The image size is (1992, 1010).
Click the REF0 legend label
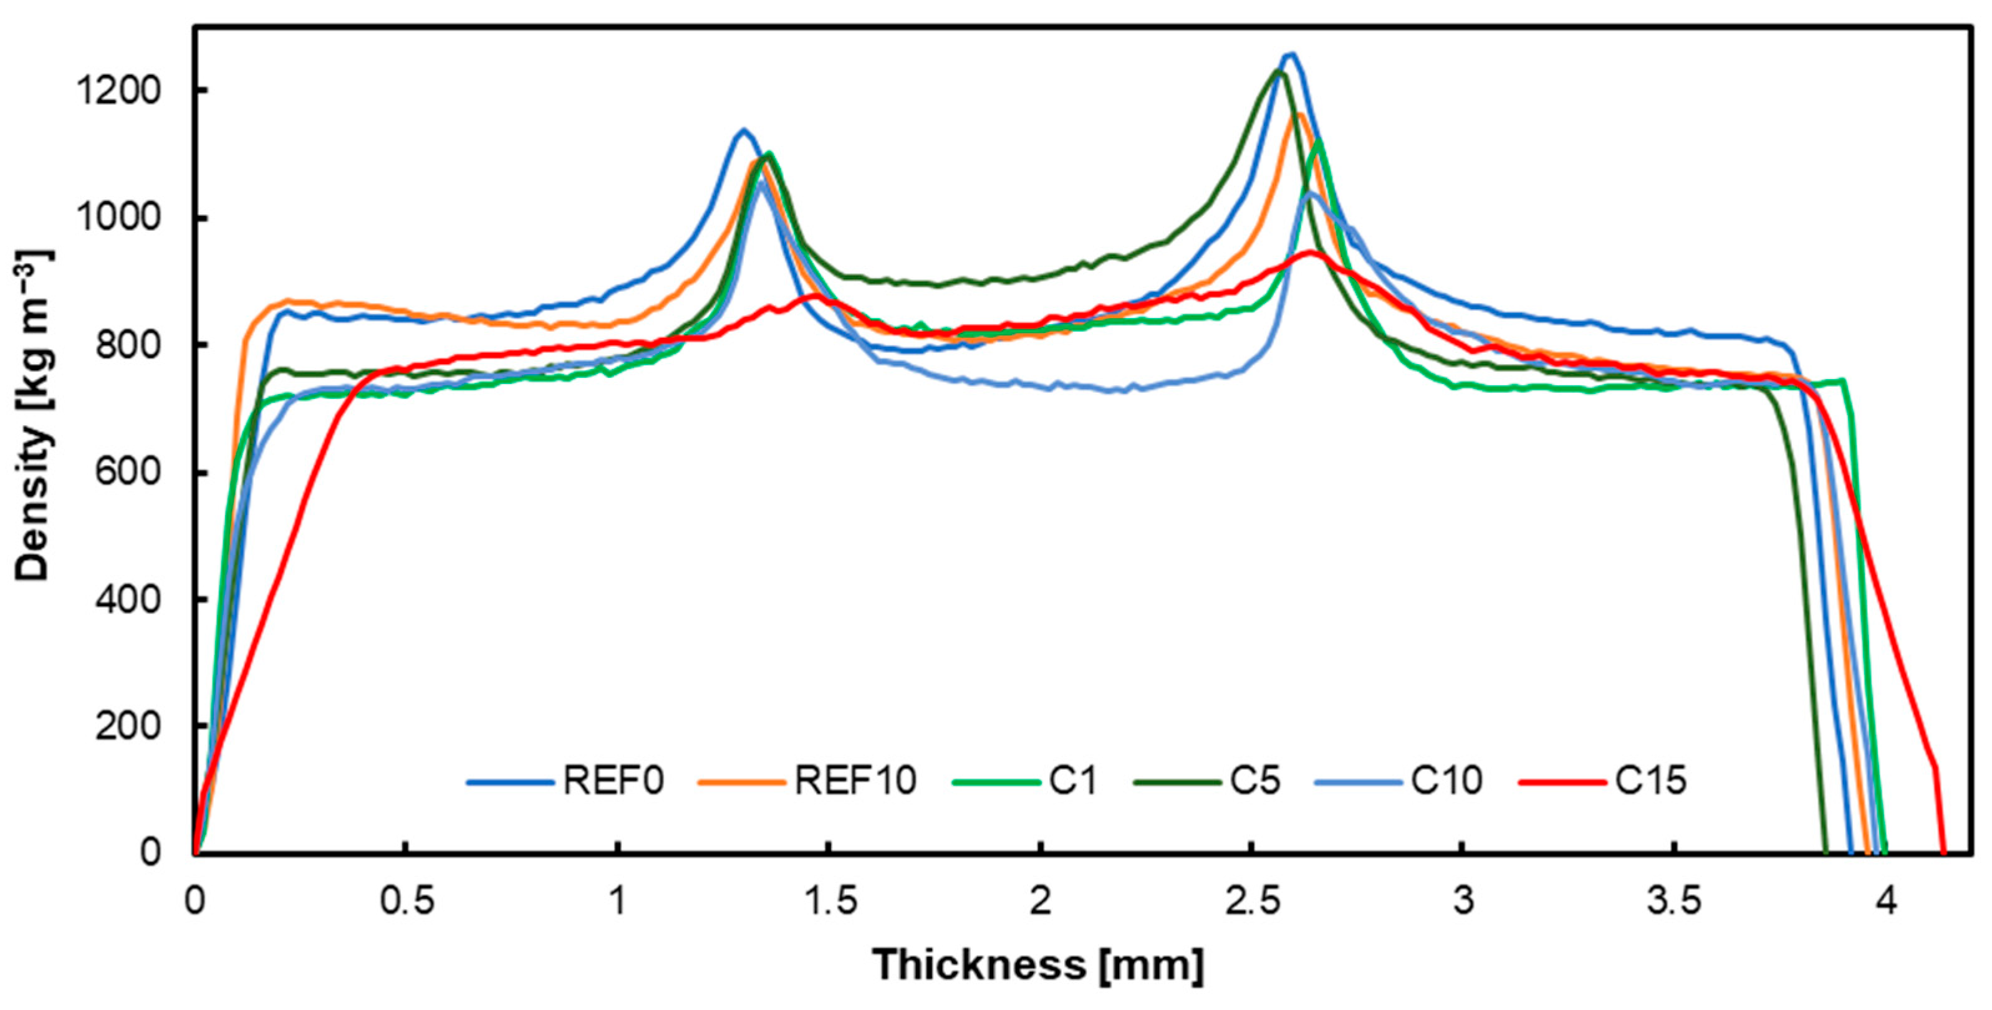[x=612, y=781]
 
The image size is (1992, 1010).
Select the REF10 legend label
[x=855, y=781]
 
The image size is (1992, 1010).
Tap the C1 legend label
[x=1072, y=781]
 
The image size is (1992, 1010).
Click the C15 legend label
[x=1650, y=781]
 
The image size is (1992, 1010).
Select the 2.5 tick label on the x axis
[x=1251, y=902]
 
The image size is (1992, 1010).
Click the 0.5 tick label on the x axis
[x=406, y=902]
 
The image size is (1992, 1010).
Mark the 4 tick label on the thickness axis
[x=1886, y=902]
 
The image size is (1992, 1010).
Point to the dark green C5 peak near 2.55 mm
[x=1277, y=71]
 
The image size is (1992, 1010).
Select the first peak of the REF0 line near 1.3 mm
[x=744, y=130]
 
